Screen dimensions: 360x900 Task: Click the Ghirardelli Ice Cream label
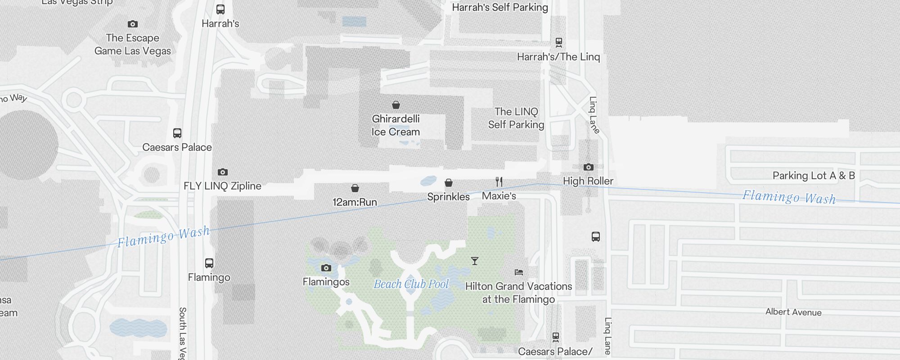click(396, 125)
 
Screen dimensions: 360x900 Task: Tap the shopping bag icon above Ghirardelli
click(396, 105)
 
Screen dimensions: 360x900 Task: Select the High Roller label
click(588, 181)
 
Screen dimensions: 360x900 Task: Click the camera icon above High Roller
click(588, 167)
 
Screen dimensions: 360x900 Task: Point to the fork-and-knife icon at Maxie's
click(499, 182)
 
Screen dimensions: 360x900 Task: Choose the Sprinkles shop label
click(448, 197)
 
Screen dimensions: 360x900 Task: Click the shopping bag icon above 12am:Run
click(355, 188)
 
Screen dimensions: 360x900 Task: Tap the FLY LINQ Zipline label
click(222, 186)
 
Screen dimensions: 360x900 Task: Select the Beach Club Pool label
click(411, 284)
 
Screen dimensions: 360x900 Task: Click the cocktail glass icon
click(474, 261)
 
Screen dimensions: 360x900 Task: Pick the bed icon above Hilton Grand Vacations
click(519, 272)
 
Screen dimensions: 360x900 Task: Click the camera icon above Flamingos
click(326, 268)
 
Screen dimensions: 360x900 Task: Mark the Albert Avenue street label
click(793, 312)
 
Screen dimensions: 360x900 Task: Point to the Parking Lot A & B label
click(814, 175)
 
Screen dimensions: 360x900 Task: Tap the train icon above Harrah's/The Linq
click(559, 43)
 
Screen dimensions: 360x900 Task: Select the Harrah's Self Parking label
click(500, 7)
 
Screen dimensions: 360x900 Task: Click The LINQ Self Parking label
click(516, 118)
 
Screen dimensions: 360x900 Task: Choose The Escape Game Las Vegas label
click(133, 44)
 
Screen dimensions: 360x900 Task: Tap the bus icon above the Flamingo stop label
click(209, 263)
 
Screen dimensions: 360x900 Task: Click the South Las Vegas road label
click(183, 333)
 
